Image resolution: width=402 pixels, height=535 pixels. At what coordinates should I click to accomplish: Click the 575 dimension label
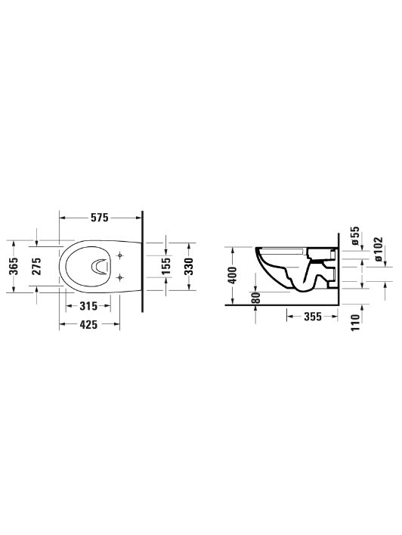(x=99, y=218)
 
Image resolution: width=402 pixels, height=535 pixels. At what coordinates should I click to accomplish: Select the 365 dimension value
(x=14, y=266)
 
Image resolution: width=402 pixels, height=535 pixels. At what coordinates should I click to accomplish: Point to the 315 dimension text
(x=88, y=306)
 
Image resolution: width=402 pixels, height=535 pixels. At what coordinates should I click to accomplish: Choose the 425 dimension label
(x=88, y=324)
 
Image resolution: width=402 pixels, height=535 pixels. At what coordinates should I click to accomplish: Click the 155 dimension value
(x=165, y=266)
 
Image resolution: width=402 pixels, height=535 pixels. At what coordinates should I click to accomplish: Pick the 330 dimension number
(x=189, y=266)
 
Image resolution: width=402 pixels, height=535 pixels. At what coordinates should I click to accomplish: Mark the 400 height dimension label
(x=233, y=275)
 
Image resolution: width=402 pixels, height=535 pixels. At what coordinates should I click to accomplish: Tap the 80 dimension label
(x=256, y=298)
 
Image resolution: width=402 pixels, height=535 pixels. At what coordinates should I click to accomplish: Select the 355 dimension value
(x=313, y=317)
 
